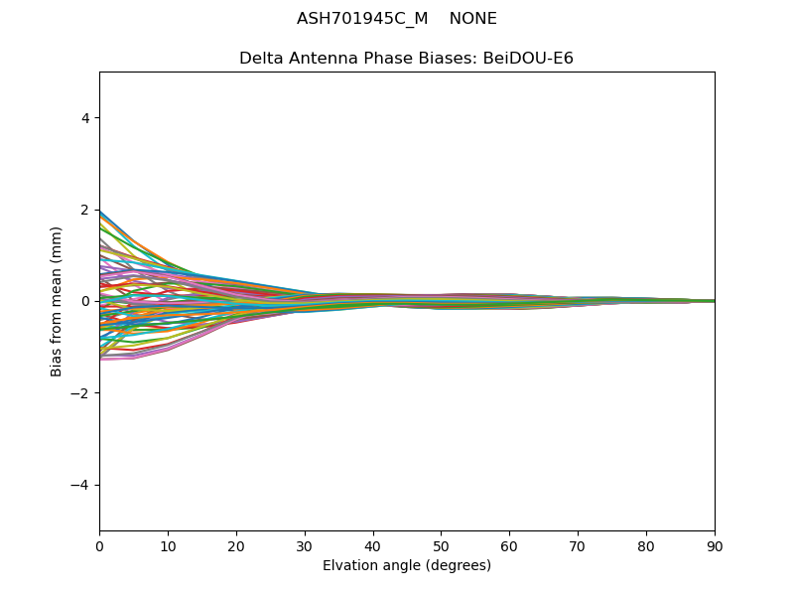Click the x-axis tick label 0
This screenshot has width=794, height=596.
[99, 545]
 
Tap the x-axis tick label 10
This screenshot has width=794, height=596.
[168, 545]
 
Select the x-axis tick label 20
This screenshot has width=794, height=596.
[236, 545]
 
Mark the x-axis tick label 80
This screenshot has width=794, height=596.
[646, 545]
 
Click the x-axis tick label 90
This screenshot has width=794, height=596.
[715, 545]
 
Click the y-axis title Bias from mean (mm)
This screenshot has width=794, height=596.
[57, 301]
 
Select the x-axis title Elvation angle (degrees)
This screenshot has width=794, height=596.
[407, 566]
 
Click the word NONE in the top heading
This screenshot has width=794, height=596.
[472, 19]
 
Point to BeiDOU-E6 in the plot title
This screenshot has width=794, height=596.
[528, 59]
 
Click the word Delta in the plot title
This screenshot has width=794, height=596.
[260, 59]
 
